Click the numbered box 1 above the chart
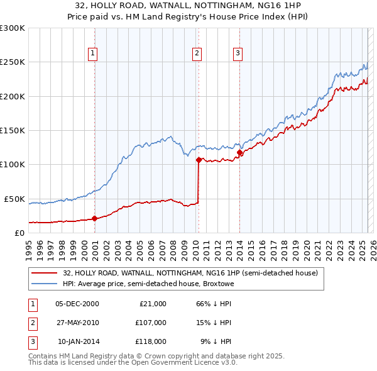(92, 53)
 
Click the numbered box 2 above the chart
(197, 53)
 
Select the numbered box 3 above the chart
(238, 53)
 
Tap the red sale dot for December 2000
(95, 218)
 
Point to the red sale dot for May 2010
(199, 160)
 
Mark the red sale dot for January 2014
(239, 152)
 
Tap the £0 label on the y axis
(19, 233)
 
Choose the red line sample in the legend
(45, 274)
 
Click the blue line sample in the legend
(45, 284)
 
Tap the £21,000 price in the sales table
(153, 304)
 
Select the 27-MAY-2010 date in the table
(77, 323)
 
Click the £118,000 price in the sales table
(151, 341)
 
